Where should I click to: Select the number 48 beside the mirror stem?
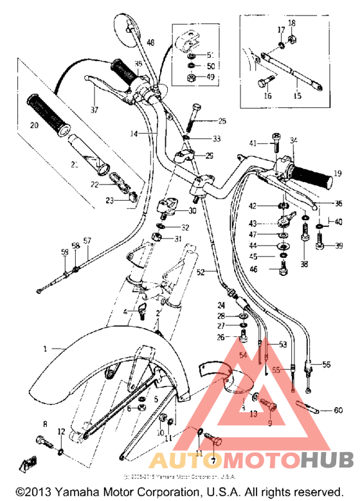coord(150,42)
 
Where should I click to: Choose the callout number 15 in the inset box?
coord(297,95)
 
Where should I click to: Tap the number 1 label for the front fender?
coord(46,349)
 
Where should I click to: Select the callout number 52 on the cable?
coord(201,273)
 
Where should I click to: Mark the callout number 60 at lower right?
coord(339,410)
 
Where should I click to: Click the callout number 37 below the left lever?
coord(94,110)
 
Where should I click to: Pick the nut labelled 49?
coord(192,78)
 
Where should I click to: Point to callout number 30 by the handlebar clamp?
coord(192,211)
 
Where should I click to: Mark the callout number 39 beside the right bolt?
coord(339,245)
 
